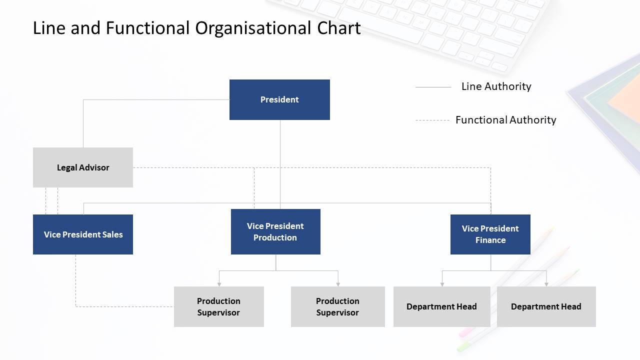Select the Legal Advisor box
coord(83,167)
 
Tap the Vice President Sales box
coord(83,234)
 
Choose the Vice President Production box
coord(275,231)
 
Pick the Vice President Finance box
coord(490,234)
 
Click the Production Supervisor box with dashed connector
coord(218,306)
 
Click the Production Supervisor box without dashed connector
coord(337,306)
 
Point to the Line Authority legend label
coord(496,86)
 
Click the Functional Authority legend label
coord(505,120)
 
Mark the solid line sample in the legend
coord(433,87)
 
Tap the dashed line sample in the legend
coord(432,120)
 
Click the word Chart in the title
coord(339,28)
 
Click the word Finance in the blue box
coord(490,240)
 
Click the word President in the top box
coord(279,99)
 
